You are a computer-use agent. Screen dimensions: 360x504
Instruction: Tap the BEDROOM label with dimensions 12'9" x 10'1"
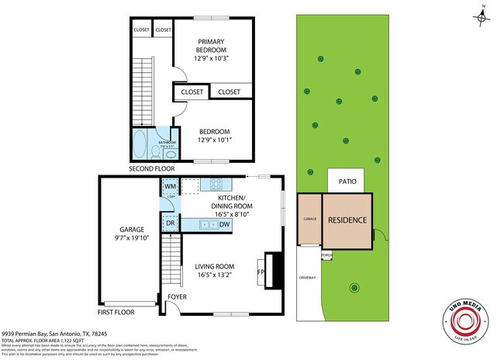212,132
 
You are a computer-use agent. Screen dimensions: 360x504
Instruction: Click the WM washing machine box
171,187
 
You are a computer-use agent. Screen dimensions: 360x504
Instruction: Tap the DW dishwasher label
224,225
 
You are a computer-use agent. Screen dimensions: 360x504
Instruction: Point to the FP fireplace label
261,272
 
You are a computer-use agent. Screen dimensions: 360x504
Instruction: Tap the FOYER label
177,297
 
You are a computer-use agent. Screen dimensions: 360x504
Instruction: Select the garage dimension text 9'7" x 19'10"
130,239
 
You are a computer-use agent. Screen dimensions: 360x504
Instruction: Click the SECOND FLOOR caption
151,168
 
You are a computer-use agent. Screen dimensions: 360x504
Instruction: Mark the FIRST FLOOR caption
116,312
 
